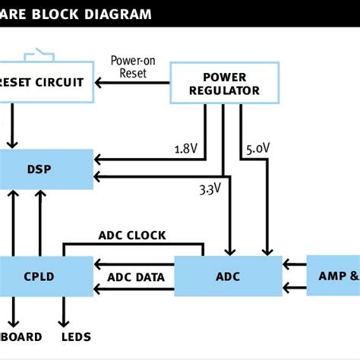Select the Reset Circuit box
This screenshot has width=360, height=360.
point(46,82)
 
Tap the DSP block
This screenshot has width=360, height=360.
point(46,169)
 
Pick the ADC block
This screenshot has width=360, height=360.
point(228,276)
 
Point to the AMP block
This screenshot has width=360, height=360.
point(333,276)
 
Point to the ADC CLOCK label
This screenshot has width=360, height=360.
point(132,235)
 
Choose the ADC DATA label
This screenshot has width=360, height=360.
point(135,277)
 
